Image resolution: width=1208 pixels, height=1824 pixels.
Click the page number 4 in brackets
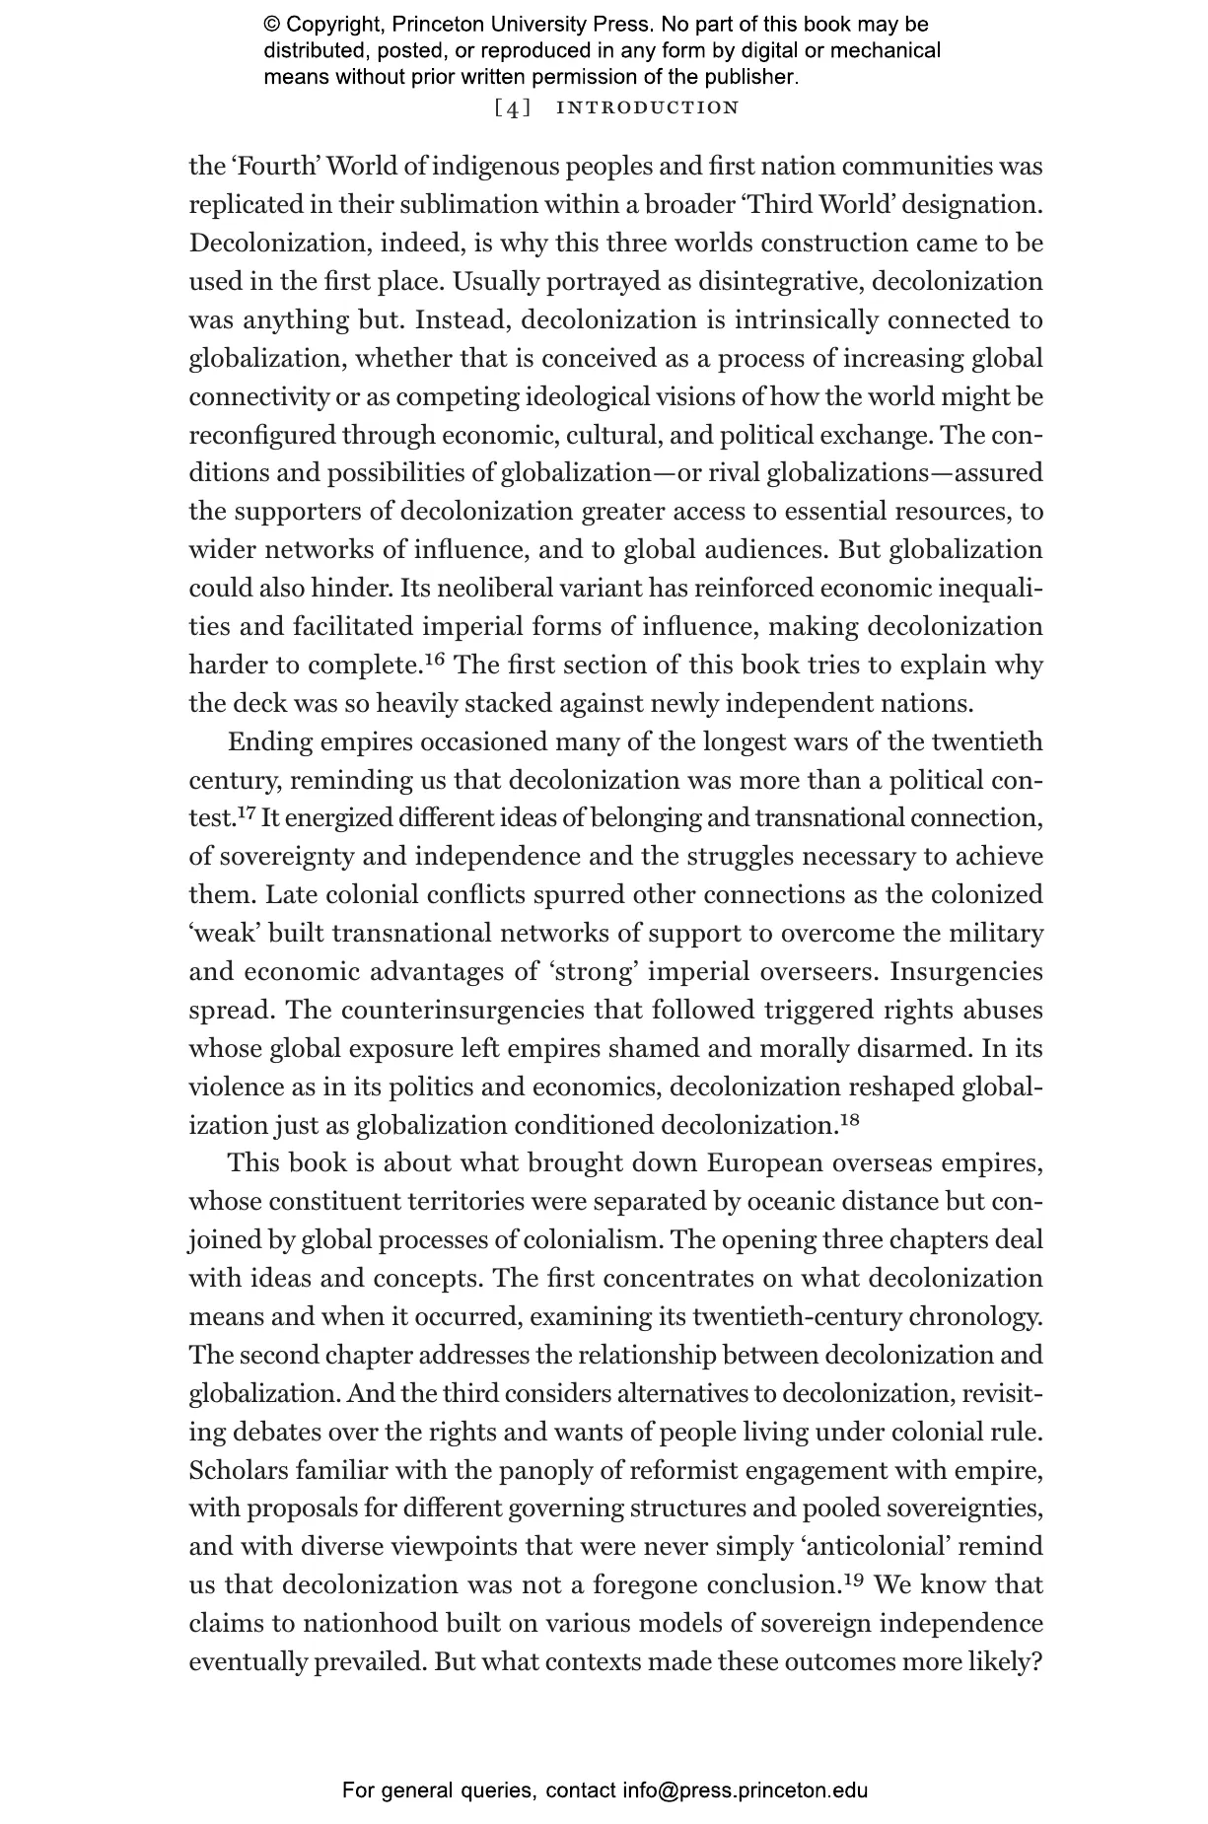coord(512,107)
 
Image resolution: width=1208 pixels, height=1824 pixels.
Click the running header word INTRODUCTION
coord(648,107)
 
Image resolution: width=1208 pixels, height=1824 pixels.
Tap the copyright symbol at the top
coord(272,25)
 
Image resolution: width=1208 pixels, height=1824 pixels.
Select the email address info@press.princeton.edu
coord(745,1790)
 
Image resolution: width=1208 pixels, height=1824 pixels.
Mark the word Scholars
coord(239,1470)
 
